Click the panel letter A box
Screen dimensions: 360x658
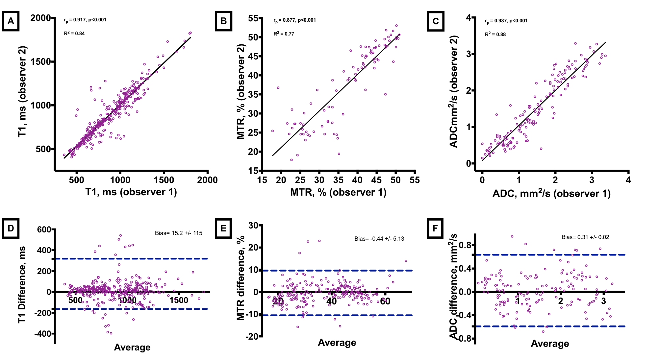(x=11, y=21)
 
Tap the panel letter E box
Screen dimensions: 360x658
(x=223, y=228)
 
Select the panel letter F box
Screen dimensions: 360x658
(x=435, y=228)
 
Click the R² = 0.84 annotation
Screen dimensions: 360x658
(x=74, y=33)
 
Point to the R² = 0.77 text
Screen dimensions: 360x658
(x=284, y=34)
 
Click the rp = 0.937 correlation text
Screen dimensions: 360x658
(x=506, y=21)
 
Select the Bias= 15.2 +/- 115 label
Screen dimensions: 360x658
(x=179, y=233)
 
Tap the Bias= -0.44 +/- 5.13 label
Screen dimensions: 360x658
(x=379, y=239)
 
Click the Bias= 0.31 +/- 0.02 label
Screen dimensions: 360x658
(x=585, y=237)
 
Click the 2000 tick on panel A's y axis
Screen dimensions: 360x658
(x=41, y=18)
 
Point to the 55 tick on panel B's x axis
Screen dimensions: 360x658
(x=415, y=180)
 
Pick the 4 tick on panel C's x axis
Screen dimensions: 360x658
(x=628, y=180)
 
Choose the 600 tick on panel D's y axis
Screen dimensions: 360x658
(x=44, y=229)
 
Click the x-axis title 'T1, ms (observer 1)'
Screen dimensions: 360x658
(x=131, y=192)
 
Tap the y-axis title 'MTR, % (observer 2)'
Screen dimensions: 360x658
(x=241, y=92)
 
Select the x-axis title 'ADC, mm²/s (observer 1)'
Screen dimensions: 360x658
(x=551, y=193)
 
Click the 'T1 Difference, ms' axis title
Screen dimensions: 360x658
(x=22, y=285)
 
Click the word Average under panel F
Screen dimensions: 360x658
(x=550, y=344)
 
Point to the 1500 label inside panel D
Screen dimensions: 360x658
(x=179, y=300)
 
